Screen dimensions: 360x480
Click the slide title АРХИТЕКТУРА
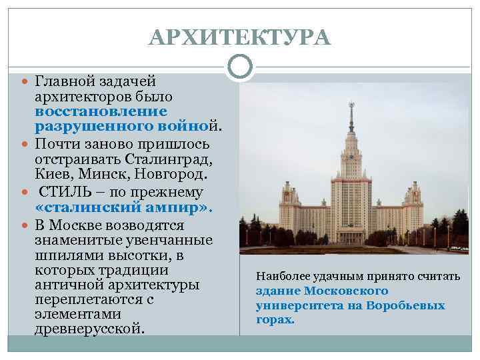(240, 37)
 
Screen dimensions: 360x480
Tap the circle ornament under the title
(239, 66)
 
